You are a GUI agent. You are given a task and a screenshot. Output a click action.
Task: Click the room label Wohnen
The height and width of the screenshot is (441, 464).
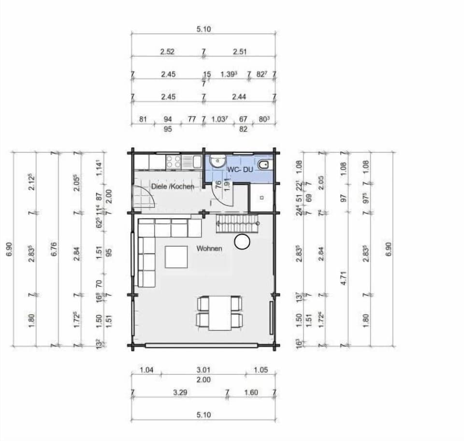pyautogui.click(x=209, y=249)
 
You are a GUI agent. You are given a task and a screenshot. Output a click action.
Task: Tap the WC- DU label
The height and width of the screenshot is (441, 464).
pyautogui.click(x=240, y=170)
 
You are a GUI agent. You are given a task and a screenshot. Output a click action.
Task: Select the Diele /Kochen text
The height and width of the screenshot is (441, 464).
pyautogui.click(x=173, y=187)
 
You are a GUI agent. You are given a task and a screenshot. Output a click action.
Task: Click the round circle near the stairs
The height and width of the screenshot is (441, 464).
pyautogui.click(x=242, y=241)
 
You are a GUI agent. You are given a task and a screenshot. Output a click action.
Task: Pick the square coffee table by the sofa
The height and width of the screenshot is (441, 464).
pyautogui.click(x=176, y=257)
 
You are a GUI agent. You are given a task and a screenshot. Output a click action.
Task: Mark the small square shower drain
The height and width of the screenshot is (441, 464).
pyautogui.click(x=261, y=197)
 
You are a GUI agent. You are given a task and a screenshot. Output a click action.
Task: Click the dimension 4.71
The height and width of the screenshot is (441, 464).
pyautogui.click(x=344, y=279)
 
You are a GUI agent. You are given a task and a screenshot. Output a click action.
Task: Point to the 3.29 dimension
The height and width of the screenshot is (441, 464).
pyautogui.click(x=180, y=393)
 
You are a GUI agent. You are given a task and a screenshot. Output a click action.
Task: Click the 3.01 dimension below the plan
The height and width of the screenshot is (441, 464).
pyautogui.click(x=203, y=370)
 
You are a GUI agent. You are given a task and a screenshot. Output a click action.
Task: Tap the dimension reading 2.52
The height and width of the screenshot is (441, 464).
pyautogui.click(x=167, y=52)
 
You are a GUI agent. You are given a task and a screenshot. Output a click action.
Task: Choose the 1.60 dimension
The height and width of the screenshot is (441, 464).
pyautogui.click(x=251, y=393)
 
